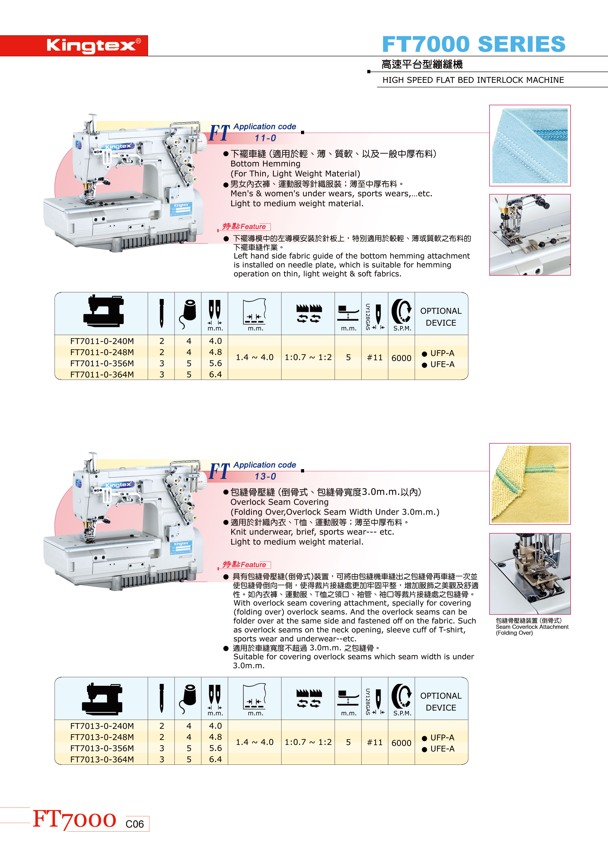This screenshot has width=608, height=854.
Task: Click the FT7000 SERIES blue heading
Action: [474, 44]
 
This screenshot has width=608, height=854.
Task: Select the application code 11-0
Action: [266, 138]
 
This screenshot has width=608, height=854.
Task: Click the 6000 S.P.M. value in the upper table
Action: [401, 358]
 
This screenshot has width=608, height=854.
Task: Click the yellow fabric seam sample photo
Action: [530, 484]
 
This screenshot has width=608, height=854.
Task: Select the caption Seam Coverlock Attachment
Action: [532, 627]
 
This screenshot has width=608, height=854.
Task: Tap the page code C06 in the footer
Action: [135, 824]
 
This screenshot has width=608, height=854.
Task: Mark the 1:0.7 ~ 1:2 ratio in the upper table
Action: [308, 357]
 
